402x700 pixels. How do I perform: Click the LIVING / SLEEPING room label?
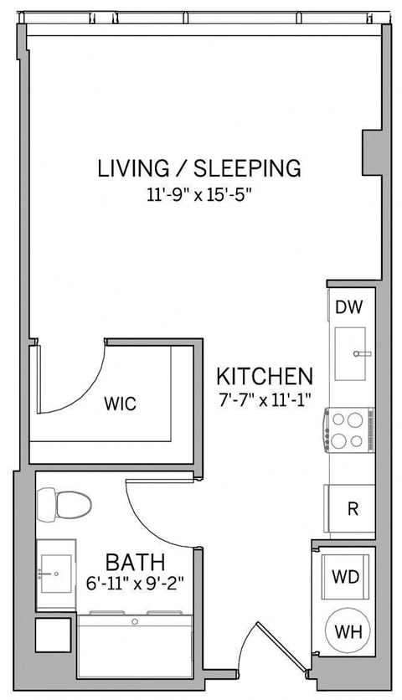pyautogui.click(x=198, y=168)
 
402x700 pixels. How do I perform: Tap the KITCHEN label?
pyautogui.click(x=265, y=376)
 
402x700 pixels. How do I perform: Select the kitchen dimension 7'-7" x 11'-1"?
pyautogui.click(x=264, y=399)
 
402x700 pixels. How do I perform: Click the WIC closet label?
pyautogui.click(x=120, y=404)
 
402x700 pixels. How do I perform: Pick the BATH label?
pyautogui.click(x=134, y=560)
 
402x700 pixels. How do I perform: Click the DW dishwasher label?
pyautogui.click(x=348, y=307)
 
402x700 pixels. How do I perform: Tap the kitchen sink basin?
pyautogui.click(x=350, y=354)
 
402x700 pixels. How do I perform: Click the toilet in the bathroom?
pyautogui.click(x=66, y=505)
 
